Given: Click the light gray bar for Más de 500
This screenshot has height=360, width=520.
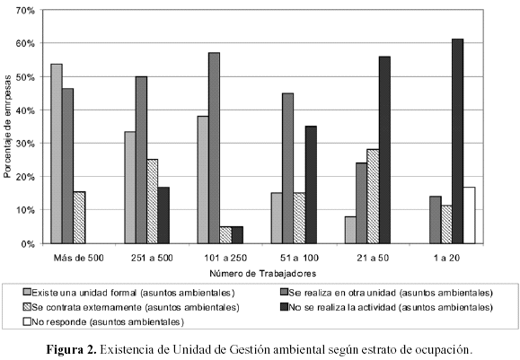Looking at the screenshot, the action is coord(57,154).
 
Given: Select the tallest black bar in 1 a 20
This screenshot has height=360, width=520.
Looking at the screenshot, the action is coord(458,141).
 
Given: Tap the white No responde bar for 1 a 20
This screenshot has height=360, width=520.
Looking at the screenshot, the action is coord(470,215).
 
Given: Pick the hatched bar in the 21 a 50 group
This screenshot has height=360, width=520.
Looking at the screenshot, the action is coord(373,197).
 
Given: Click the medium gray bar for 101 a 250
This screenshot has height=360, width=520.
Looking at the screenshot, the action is coord(215,148).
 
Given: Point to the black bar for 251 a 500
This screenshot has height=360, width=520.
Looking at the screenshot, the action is coord(163,215).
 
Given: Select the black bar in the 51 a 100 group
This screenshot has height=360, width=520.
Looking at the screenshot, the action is coord(311,185).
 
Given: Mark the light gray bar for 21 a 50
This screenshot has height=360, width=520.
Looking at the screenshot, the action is coord(350,230).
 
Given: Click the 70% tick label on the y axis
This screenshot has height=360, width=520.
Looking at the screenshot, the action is coord(25,11).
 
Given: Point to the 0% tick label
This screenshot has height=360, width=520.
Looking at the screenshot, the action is coord(28,244).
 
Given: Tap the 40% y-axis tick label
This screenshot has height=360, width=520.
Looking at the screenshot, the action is coord(25,110).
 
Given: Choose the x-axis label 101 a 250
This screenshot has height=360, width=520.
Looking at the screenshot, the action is coord(225,258).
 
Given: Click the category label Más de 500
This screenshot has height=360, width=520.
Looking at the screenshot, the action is coord(79,258).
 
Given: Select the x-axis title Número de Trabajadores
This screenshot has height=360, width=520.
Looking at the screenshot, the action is coord(262,274).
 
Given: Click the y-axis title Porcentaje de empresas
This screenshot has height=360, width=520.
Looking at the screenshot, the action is coord(7,127).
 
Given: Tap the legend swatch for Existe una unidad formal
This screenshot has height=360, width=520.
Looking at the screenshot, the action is coord(27,293).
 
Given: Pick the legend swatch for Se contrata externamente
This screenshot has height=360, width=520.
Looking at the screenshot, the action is coord(27,307).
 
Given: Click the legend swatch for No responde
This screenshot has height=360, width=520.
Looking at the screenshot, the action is coord(27,321).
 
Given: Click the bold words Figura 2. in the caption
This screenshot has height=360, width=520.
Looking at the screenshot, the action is coord(71,350).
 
